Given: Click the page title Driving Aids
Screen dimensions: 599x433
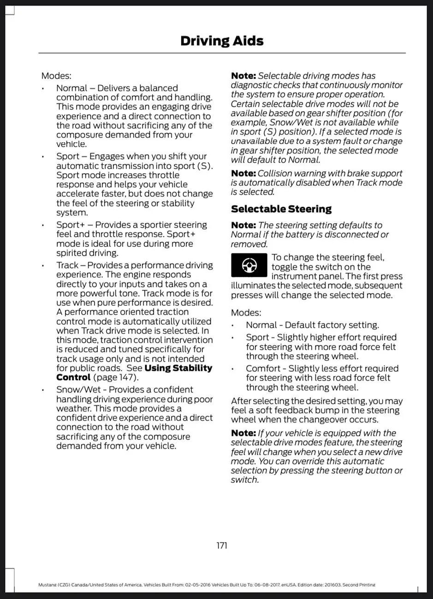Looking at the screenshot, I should pos(222,41).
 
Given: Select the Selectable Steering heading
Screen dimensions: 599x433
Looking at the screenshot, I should pos(281,209).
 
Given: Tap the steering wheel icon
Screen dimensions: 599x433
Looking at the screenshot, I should pos(249,265).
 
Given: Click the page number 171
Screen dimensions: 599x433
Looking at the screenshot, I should pos(221,546).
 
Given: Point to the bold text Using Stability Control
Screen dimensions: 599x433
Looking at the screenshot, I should pos(134,373).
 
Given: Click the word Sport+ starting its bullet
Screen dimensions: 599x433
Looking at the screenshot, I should pos(70,225).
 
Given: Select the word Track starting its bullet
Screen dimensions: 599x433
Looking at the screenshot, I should pos(67,265).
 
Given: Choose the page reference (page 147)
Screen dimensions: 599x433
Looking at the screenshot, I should pos(115,377).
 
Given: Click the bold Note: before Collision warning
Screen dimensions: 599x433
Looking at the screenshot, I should pos(243,173).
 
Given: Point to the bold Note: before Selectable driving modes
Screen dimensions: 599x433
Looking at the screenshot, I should pos(243,76).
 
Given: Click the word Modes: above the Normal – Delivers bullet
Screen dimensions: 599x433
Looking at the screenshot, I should pos(56,76).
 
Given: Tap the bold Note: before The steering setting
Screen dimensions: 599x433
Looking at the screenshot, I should pos(243,225).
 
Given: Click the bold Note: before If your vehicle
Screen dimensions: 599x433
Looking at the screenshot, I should pos(243,433).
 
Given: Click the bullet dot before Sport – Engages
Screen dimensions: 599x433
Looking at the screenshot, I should pos(42,157).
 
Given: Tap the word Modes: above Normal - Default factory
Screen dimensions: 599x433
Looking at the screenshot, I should pos(246,313).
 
